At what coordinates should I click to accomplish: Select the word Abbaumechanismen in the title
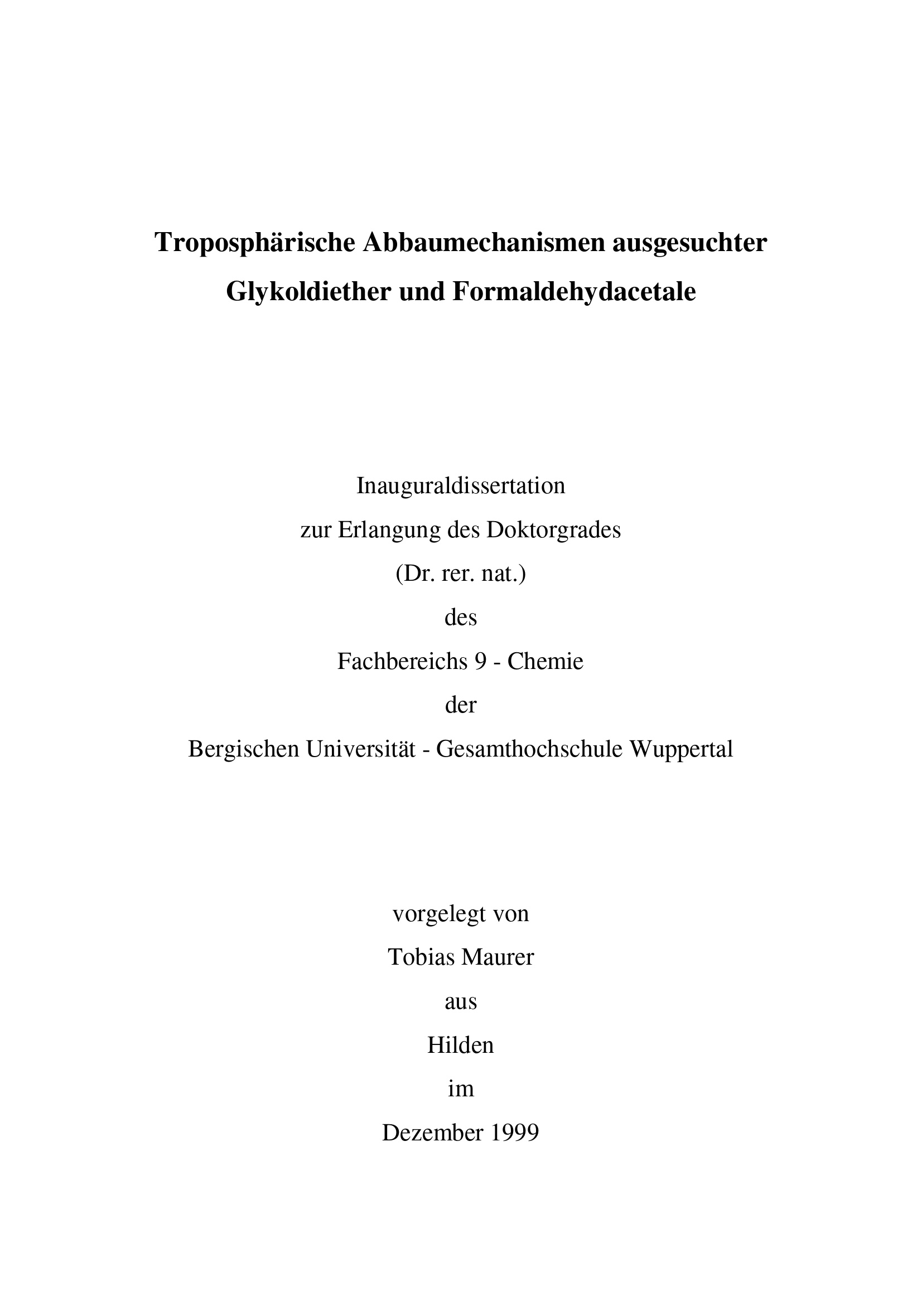point(484,243)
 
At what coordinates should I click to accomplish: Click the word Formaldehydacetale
point(575,292)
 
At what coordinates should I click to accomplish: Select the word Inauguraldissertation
point(461,486)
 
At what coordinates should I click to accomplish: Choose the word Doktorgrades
point(553,529)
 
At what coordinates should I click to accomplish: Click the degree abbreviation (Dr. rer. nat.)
point(461,574)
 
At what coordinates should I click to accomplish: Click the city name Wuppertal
point(682,749)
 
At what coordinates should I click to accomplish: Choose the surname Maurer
point(498,957)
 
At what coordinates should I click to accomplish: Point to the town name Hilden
point(461,1044)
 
